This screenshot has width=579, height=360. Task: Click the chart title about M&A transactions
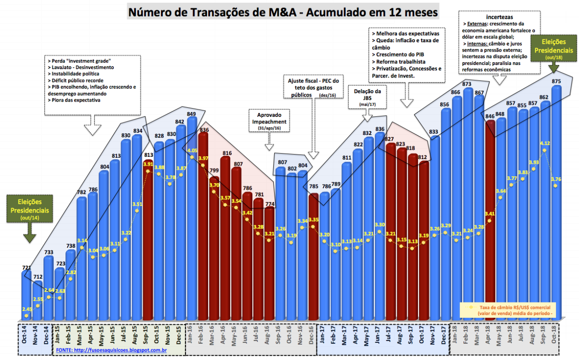tap(283, 12)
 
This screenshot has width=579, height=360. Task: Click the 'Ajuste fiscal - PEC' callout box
tap(314, 88)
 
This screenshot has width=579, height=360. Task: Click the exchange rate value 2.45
tap(27, 309)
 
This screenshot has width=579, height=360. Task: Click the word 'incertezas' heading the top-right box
tap(499, 16)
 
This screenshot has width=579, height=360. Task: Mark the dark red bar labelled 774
tap(269, 264)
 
